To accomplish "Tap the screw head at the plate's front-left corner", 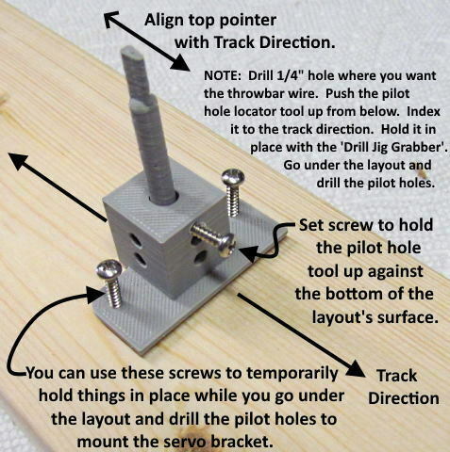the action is (108, 269).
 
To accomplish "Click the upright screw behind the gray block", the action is (233, 192).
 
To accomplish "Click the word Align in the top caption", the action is (164, 21).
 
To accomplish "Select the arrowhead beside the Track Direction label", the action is (355, 368).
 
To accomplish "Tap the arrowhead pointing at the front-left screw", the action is (95, 294).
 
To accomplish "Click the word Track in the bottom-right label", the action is (397, 376).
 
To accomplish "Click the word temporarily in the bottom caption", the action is (292, 374).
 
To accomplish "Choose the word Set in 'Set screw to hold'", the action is (311, 225).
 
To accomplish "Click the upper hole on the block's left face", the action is (136, 241).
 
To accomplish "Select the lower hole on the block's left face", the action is (140, 260).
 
